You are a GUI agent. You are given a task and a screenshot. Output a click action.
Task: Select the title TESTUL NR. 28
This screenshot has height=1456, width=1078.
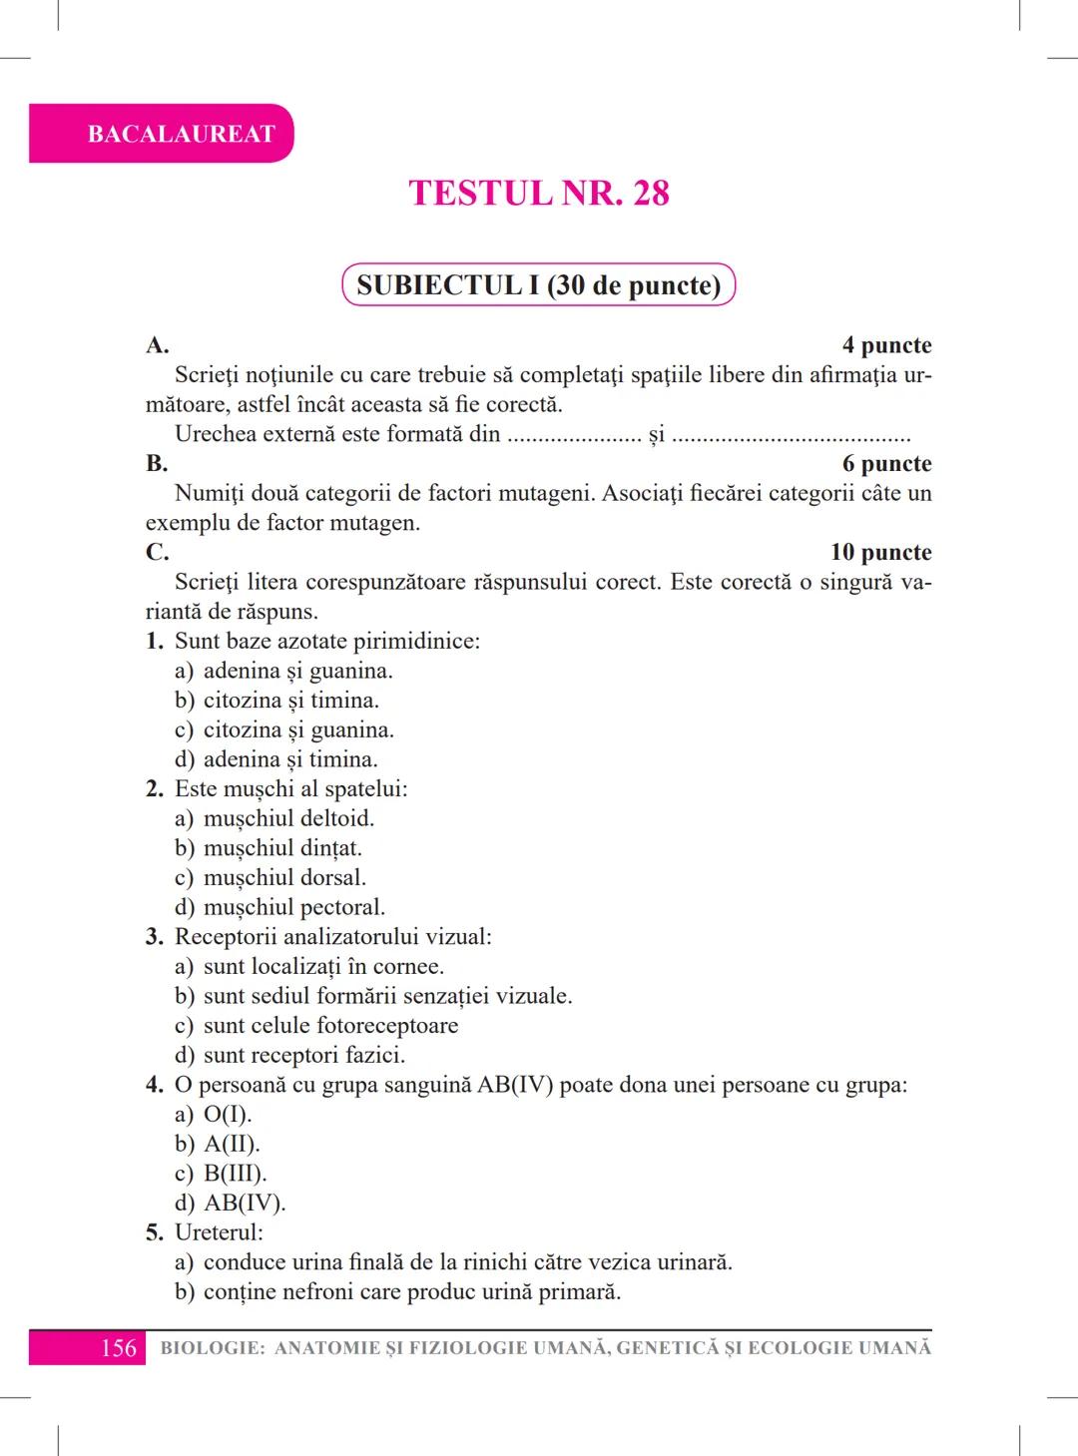pyautogui.click(x=539, y=193)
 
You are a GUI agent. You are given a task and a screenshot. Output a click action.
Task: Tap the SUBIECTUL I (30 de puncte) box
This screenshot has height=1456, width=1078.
pyautogui.click(x=539, y=285)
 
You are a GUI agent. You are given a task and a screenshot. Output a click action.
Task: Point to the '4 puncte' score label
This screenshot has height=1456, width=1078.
pyautogui.click(x=886, y=345)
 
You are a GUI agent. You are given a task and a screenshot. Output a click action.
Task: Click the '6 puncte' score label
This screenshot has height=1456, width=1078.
pyautogui.click(x=886, y=464)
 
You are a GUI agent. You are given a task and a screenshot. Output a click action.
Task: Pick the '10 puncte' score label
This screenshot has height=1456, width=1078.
pyautogui.click(x=880, y=553)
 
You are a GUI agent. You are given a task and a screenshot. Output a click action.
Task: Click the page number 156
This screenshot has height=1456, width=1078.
pyautogui.click(x=118, y=1348)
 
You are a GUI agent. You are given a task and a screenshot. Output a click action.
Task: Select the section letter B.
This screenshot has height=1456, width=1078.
pyautogui.click(x=157, y=464)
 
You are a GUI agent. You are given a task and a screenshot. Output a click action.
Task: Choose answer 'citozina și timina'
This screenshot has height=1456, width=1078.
pyautogui.click(x=290, y=701)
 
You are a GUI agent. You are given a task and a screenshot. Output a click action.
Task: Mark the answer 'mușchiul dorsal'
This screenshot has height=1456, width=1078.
pyautogui.click(x=284, y=878)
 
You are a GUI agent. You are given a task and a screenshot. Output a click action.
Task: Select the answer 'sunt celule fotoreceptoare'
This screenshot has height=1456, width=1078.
pyautogui.click(x=330, y=1026)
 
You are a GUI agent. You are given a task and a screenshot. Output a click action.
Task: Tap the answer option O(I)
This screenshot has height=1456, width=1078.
pyautogui.click(x=228, y=1115)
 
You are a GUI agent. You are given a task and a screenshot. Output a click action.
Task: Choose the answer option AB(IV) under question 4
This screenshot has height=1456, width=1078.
pyautogui.click(x=245, y=1204)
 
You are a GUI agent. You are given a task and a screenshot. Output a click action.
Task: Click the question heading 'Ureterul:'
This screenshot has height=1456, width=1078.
pyautogui.click(x=219, y=1232)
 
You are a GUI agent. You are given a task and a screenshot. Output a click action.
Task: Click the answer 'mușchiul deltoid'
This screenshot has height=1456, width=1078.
pyautogui.click(x=288, y=819)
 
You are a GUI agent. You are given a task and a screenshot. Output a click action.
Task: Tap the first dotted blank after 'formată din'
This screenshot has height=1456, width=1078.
pyautogui.click(x=574, y=436)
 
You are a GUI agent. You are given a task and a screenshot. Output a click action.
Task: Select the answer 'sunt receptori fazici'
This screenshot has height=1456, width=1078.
pyautogui.click(x=303, y=1056)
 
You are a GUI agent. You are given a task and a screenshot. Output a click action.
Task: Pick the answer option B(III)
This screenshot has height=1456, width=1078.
pyautogui.click(x=235, y=1174)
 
